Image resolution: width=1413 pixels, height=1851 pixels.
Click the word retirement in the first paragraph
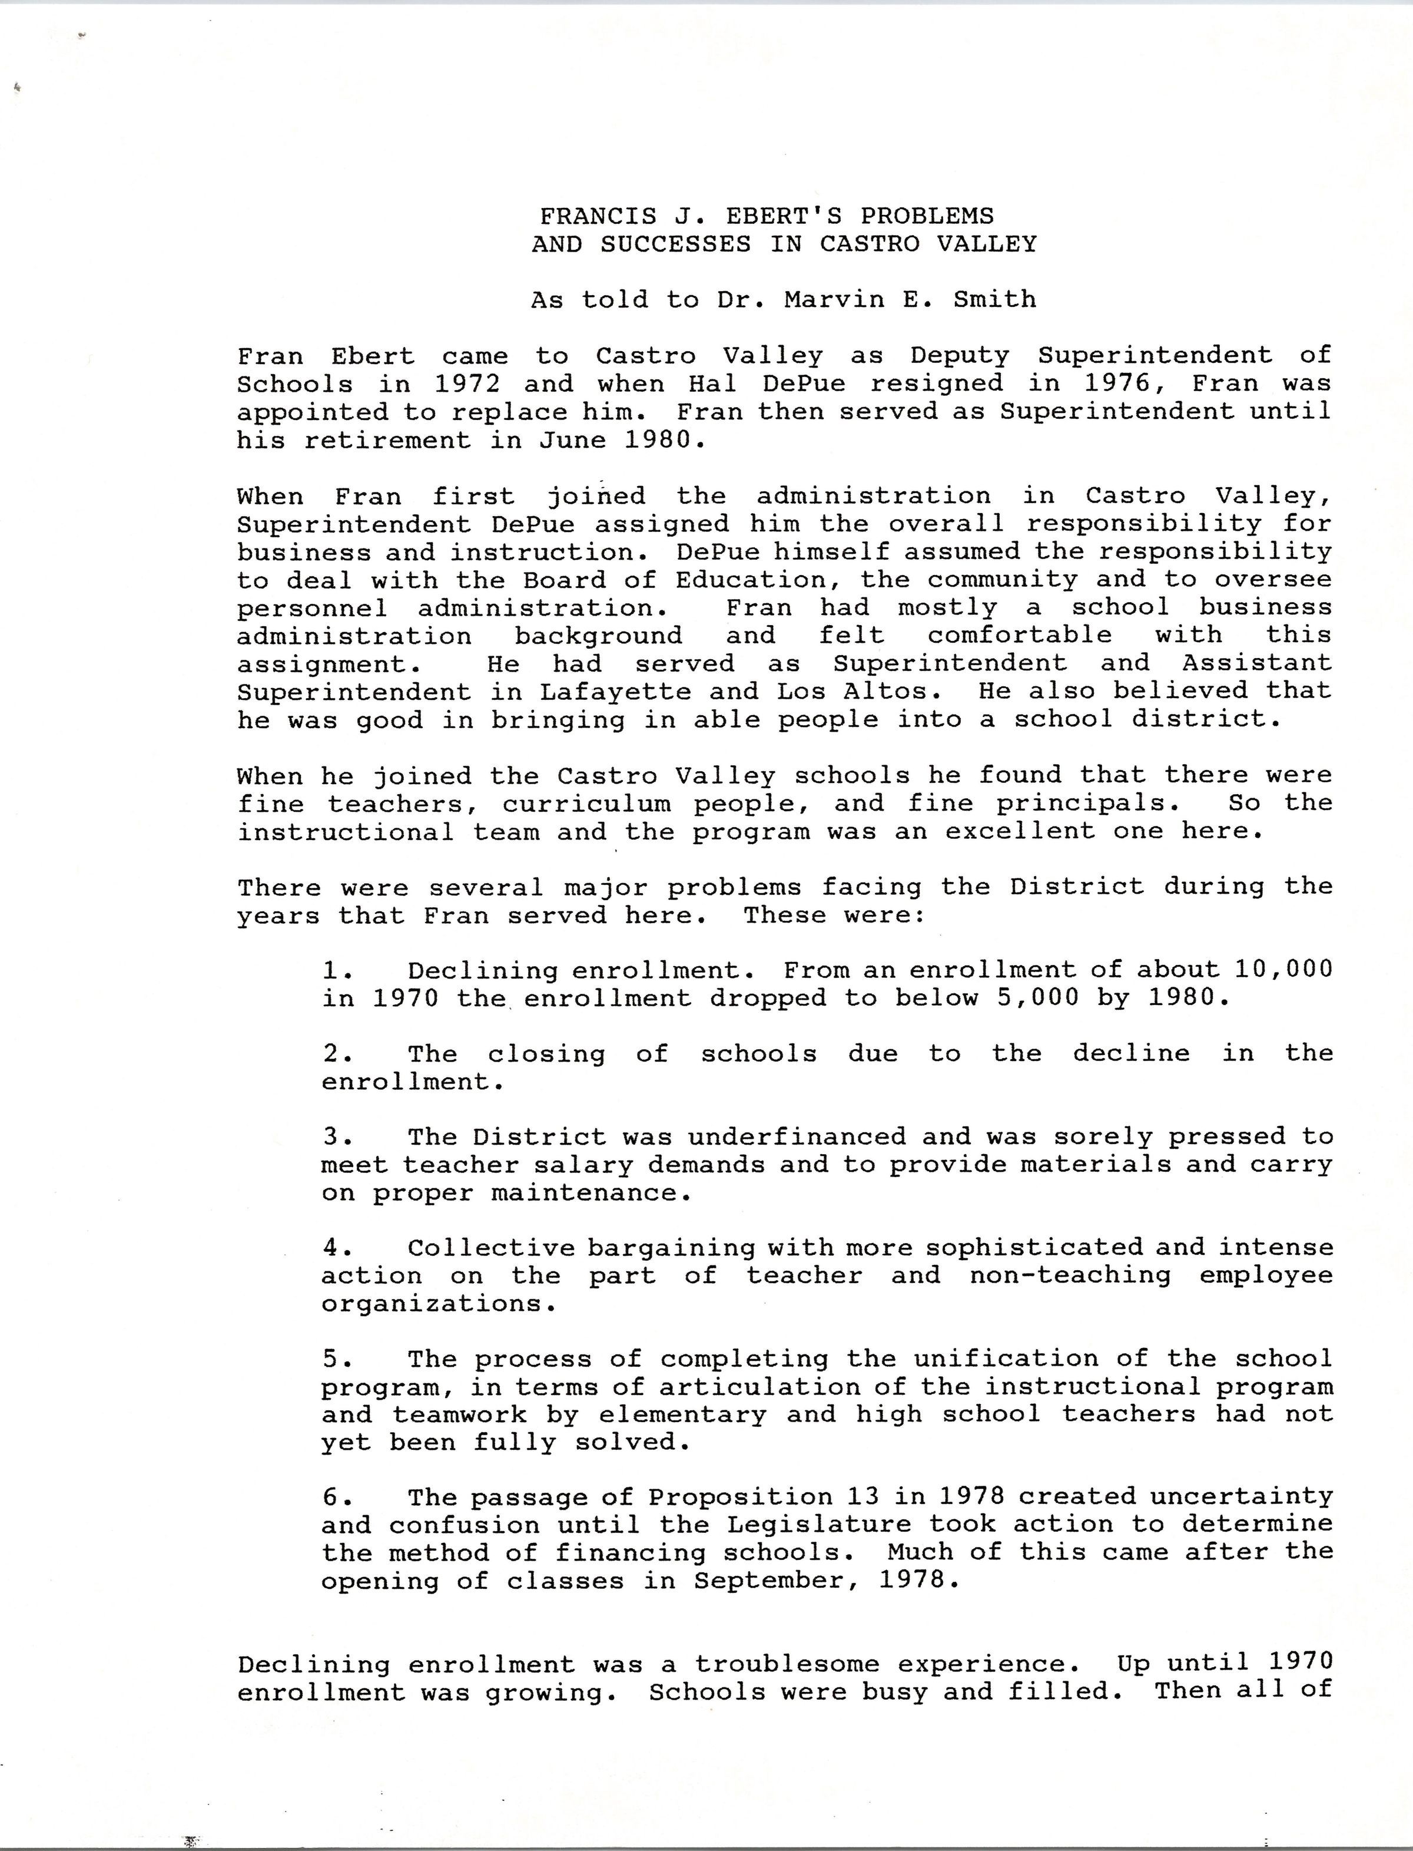[x=387, y=440]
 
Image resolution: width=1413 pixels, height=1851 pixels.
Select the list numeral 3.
[x=331, y=1136]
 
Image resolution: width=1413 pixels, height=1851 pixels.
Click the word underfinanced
[x=797, y=1136]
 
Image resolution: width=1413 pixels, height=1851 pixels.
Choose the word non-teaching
[x=1070, y=1275]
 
